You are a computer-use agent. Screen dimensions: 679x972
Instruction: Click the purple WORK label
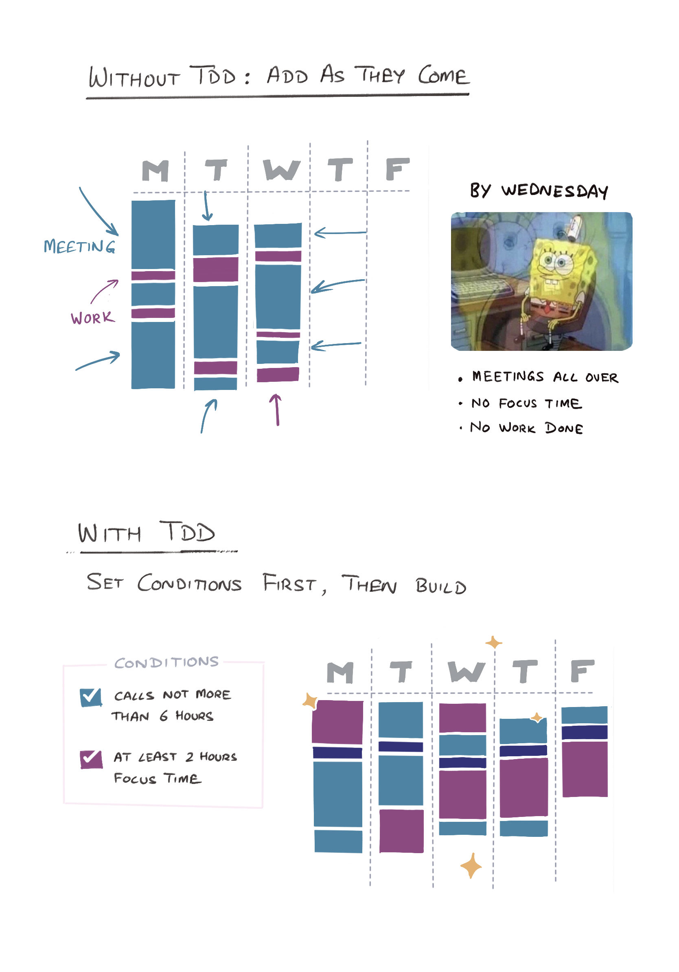click(x=93, y=317)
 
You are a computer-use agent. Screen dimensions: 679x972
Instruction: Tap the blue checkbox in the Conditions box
click(x=91, y=697)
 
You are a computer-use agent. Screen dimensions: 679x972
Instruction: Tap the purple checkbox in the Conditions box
click(x=91, y=759)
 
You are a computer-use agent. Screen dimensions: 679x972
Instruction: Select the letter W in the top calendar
click(x=281, y=170)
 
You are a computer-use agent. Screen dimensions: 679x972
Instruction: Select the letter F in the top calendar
click(x=396, y=169)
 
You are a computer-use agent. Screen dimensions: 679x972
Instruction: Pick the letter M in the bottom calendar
click(x=340, y=672)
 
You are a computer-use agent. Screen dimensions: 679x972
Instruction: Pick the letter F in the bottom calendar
click(x=582, y=671)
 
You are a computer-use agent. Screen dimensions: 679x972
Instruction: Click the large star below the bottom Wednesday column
click(x=471, y=866)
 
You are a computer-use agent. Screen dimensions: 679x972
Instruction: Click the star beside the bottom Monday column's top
click(x=311, y=701)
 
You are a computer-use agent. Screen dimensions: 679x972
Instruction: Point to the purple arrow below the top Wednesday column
click(x=276, y=409)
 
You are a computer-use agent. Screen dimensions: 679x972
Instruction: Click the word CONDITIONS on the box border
click(x=166, y=663)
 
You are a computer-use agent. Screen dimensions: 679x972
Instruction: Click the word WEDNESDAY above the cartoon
click(x=554, y=191)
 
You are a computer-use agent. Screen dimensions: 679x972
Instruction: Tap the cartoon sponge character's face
click(x=554, y=263)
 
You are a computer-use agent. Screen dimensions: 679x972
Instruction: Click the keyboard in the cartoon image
click(x=482, y=288)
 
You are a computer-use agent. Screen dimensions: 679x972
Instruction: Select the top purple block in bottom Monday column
click(x=337, y=722)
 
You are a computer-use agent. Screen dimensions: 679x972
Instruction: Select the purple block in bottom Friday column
click(x=585, y=769)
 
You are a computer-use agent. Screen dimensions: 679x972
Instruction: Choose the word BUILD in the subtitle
click(x=441, y=586)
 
